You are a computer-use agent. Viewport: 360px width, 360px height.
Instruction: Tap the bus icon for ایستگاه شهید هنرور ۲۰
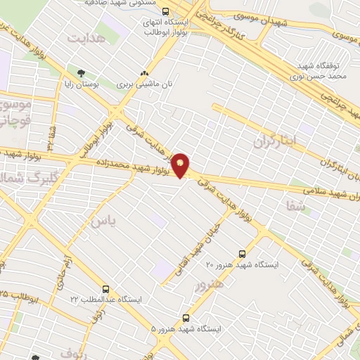243,254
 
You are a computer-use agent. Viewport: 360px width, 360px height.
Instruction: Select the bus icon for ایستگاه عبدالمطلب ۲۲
105,289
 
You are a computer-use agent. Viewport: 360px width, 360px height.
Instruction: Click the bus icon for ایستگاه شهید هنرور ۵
186,319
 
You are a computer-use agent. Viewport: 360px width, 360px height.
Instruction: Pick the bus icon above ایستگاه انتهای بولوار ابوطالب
165,11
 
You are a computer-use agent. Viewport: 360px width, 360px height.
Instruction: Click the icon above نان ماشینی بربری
145,72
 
